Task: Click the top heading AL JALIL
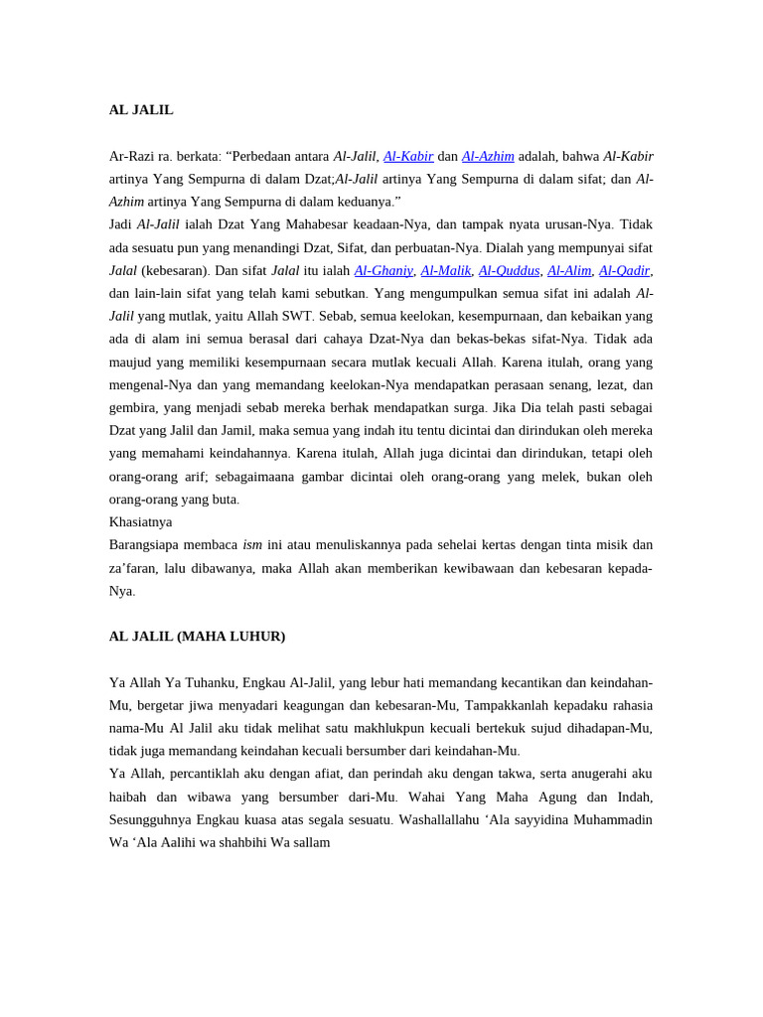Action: tap(141, 110)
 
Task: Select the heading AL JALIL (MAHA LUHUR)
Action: tap(197, 637)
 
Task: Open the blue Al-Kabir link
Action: tap(408, 156)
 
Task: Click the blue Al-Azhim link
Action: tap(488, 156)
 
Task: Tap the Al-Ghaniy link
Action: tap(383, 270)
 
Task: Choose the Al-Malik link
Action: tap(445, 270)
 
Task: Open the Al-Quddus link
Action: tap(509, 270)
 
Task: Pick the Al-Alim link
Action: tap(569, 270)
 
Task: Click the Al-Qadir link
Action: tap(625, 270)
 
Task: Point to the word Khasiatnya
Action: tap(140, 522)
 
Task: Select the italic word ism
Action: tap(252, 545)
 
